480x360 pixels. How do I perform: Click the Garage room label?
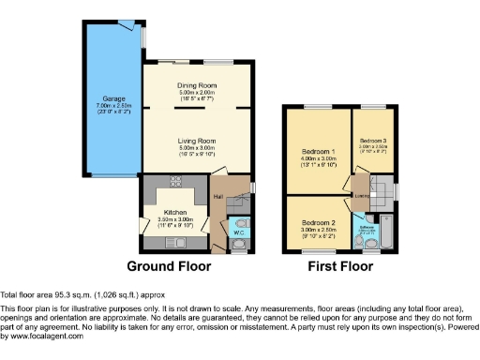tap(113, 97)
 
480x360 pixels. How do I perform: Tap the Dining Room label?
tap(198, 86)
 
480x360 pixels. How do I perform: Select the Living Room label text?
tap(198, 141)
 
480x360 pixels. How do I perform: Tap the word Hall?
tap(217, 196)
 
